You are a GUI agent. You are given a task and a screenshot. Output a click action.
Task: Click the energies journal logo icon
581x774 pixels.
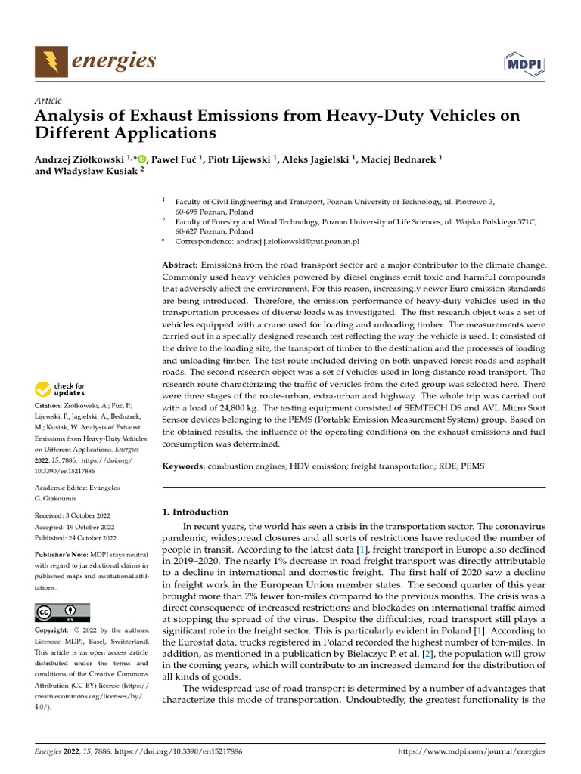(x=50, y=61)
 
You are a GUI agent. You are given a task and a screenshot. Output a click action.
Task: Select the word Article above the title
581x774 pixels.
(x=48, y=101)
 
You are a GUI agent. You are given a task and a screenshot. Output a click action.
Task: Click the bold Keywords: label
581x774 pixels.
(x=184, y=467)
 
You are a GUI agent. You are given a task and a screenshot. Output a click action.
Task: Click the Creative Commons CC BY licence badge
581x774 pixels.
(x=62, y=612)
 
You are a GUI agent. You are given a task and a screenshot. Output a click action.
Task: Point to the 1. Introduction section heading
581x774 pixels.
(x=195, y=512)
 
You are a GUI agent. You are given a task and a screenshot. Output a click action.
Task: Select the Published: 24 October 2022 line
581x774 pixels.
(x=76, y=538)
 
